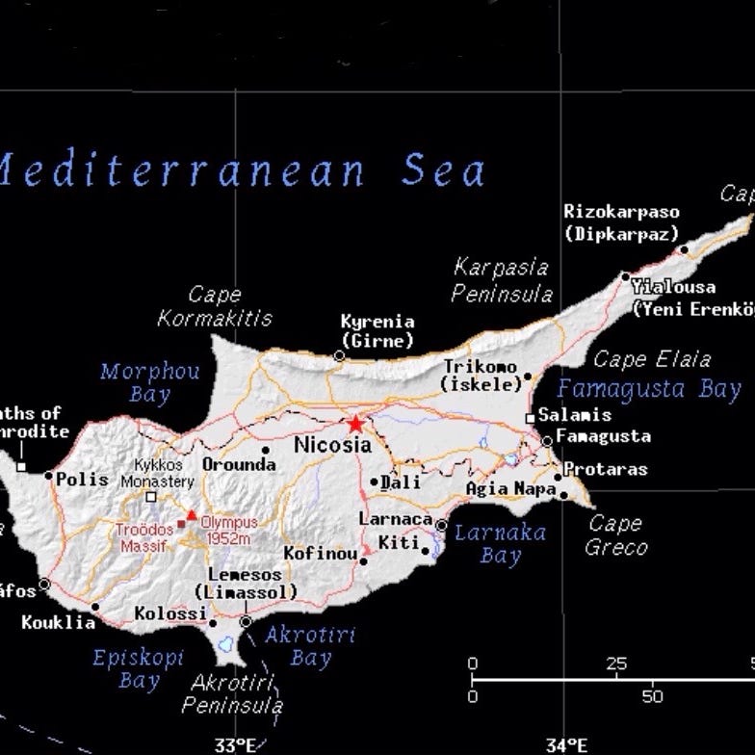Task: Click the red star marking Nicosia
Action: click(356, 423)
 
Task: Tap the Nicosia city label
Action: click(332, 445)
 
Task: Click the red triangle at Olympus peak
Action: click(192, 516)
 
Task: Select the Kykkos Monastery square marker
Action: click(150, 498)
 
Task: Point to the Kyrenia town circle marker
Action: click(339, 356)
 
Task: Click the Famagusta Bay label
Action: click(649, 389)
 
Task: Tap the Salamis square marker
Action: click(530, 418)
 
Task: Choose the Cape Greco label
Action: click(616, 535)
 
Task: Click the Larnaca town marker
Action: click(441, 526)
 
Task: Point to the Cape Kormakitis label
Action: click(215, 306)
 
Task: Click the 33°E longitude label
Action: click(235, 744)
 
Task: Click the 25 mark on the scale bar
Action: click(616, 664)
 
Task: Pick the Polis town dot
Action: click(49, 475)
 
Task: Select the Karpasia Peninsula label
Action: click(502, 280)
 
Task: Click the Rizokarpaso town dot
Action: click(685, 249)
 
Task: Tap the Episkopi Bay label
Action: click(125, 669)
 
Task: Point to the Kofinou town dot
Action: click(365, 557)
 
